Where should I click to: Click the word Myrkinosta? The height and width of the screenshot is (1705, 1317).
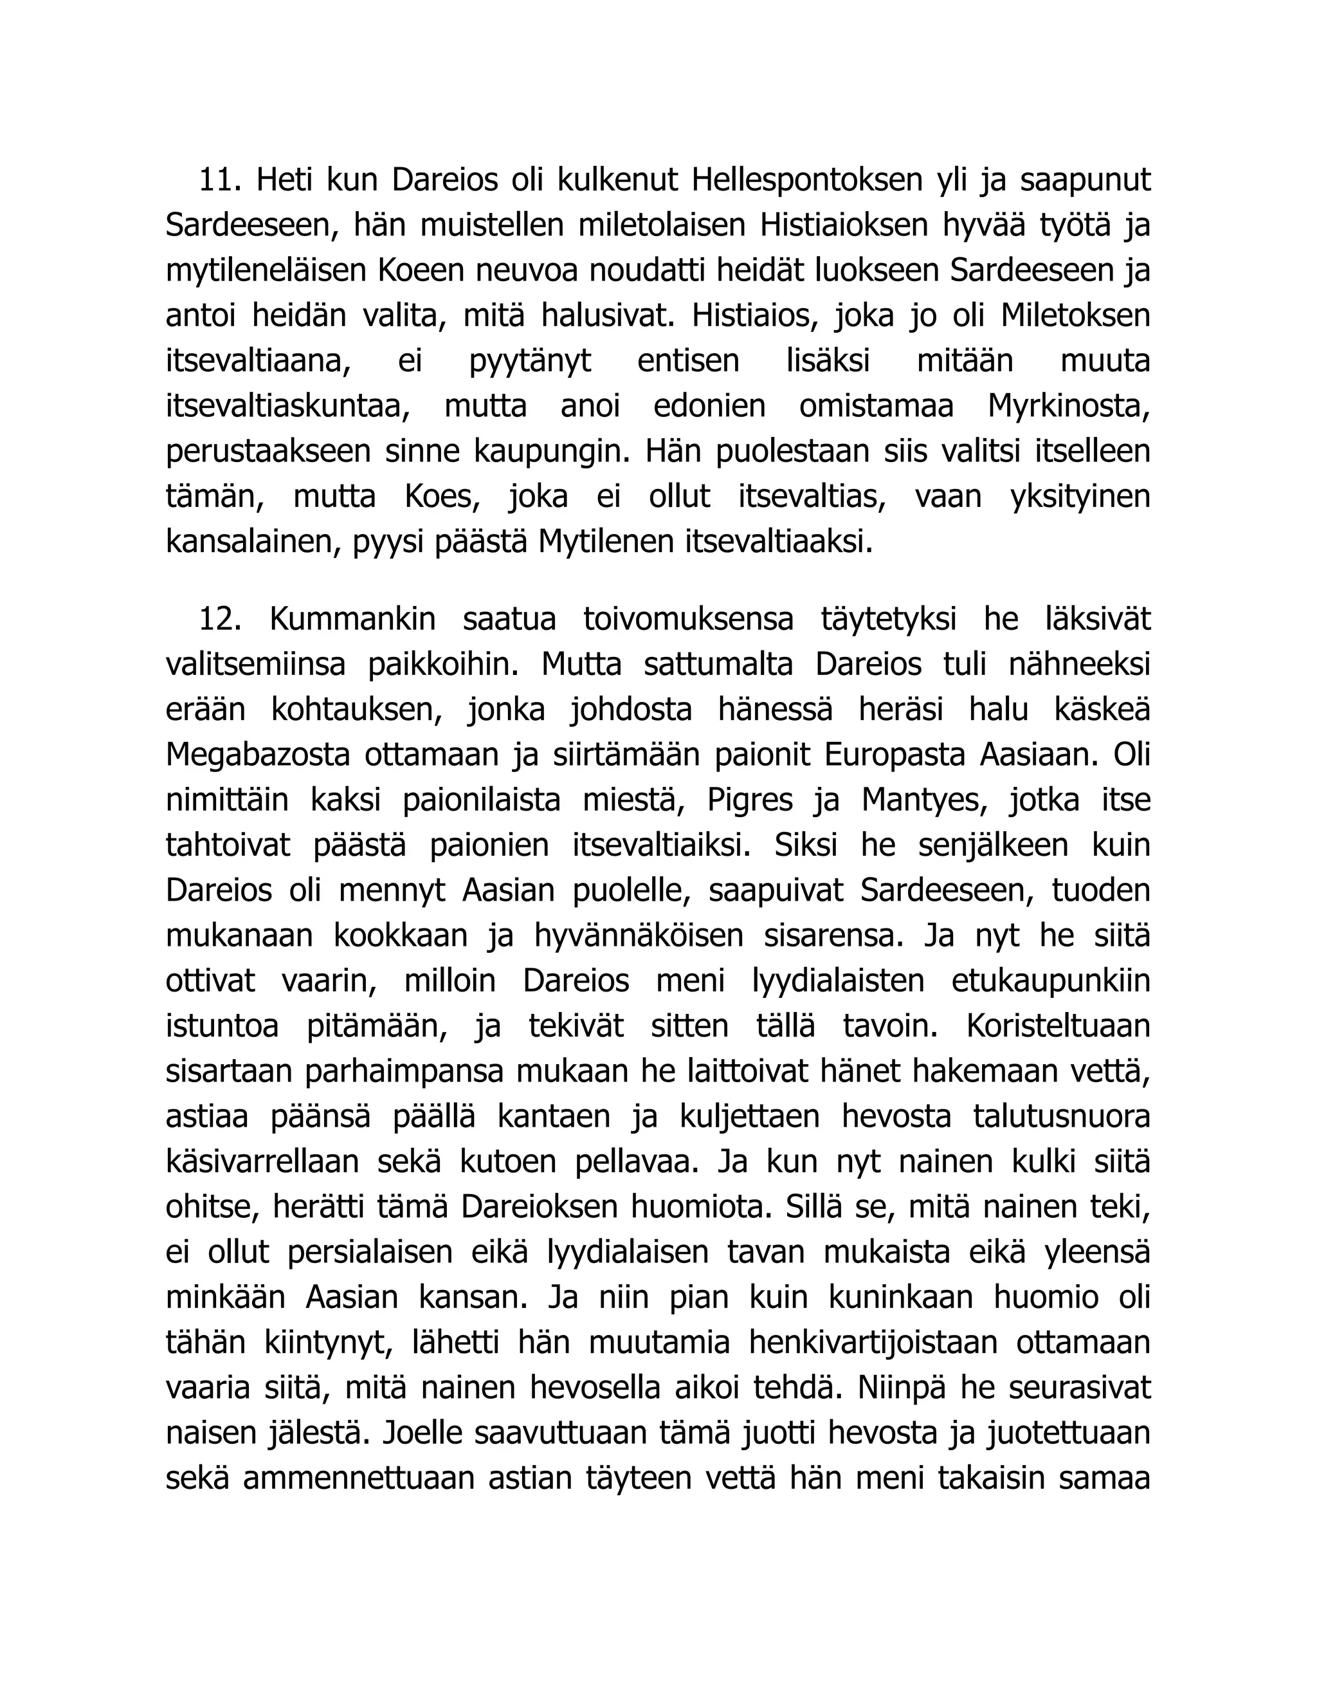tap(1068, 407)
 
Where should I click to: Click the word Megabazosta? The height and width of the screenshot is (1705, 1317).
tap(259, 755)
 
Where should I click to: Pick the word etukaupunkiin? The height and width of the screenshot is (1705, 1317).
tap(1050, 981)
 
